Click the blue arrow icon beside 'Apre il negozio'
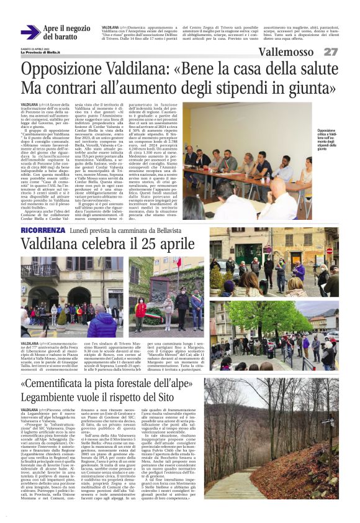pos(30,32)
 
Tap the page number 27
pos(330,52)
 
